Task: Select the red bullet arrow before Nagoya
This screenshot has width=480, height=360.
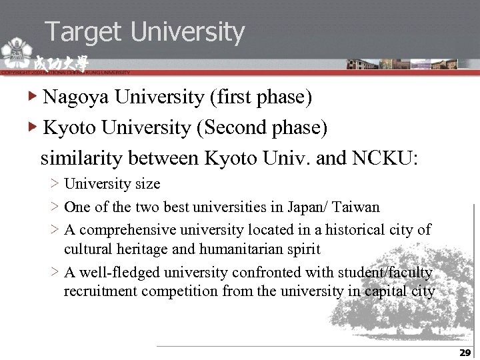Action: (x=33, y=97)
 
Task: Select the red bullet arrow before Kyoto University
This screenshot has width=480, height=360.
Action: (x=33, y=127)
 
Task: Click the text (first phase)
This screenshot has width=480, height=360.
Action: (x=261, y=97)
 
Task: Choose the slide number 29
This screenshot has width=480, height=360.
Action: (x=465, y=353)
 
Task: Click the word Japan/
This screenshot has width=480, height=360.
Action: (x=311, y=207)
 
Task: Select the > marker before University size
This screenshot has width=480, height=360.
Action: (x=54, y=184)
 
